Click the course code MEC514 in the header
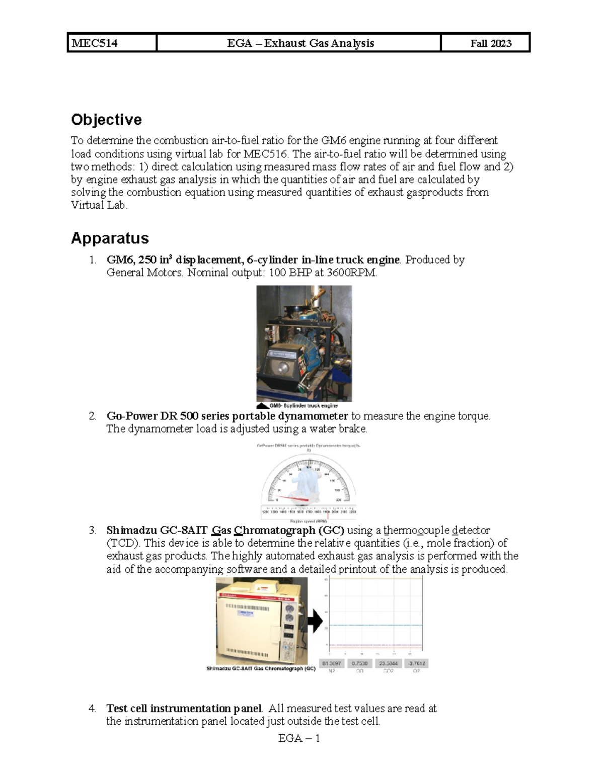95,43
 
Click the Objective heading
106,120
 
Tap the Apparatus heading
110,238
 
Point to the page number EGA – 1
299,738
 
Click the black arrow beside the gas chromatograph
315,622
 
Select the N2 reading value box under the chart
332,663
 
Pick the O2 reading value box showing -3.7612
416,663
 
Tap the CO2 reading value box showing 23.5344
388,663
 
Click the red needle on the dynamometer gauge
292,497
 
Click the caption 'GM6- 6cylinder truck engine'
304,405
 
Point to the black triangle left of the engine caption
262,405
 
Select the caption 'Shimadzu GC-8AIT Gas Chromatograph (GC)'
261,669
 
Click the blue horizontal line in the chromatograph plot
375,625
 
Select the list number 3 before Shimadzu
92,530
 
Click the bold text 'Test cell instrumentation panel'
184,709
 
